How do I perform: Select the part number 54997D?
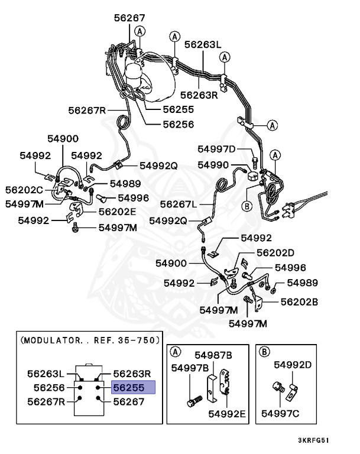(216, 149)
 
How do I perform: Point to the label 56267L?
(179, 204)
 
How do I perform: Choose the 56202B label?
(299, 301)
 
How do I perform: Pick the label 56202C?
(24, 190)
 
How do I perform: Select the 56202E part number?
(117, 211)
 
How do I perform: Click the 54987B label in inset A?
(213, 355)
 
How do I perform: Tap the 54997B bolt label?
(190, 368)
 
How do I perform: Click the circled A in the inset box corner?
(176, 352)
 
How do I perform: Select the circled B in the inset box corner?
(265, 352)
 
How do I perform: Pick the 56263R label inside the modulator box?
(132, 373)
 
